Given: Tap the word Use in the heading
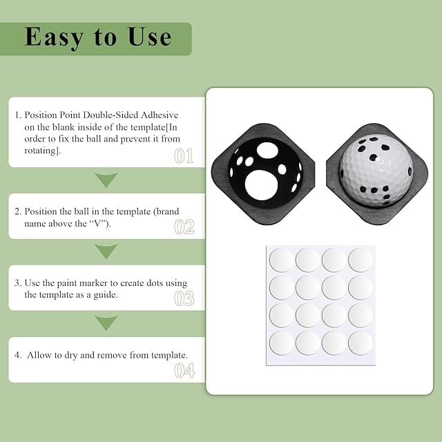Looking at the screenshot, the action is point(150,37).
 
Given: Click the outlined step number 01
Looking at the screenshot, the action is point(184,156).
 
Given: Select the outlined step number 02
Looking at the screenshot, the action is point(184,227).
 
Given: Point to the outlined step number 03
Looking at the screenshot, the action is point(184,298).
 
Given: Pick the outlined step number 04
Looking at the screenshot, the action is point(184,370).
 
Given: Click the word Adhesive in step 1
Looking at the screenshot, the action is point(160,115).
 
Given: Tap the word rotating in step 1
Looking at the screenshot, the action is point(42,151).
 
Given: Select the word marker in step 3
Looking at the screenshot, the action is point(93,283).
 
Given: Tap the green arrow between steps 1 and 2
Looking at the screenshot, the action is point(106,180).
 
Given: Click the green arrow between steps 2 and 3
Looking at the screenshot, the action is point(106,251).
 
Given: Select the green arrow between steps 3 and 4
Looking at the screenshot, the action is point(106,323).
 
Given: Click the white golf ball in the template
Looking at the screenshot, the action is point(376,170).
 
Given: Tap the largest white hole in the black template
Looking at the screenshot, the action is point(262,185).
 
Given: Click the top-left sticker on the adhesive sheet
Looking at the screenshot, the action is point(282,260).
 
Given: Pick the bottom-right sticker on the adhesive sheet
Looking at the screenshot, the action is point(361,343).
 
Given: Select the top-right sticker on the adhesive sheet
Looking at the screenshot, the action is point(361,260).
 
